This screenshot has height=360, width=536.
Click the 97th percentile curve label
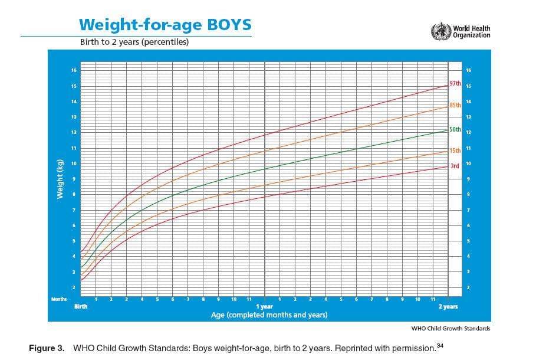(x=455, y=84)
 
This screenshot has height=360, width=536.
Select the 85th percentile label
(x=455, y=105)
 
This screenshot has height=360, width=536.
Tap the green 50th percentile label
(x=455, y=129)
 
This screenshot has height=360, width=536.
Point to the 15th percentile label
(x=455, y=151)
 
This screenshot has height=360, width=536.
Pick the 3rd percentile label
(x=455, y=166)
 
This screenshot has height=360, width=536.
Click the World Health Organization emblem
(x=440, y=31)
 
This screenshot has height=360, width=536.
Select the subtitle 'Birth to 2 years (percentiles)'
(x=134, y=42)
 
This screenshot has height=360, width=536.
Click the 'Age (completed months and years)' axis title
(x=269, y=315)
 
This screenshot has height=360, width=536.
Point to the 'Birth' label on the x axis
(x=80, y=307)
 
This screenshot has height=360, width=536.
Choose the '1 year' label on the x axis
(x=264, y=307)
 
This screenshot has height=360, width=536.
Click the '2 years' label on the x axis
(x=448, y=307)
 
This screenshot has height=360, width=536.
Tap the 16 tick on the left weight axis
(x=74, y=71)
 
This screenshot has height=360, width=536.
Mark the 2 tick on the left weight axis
(x=74, y=287)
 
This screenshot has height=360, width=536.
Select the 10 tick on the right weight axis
(x=468, y=163)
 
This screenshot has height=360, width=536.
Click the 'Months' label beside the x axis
(x=59, y=300)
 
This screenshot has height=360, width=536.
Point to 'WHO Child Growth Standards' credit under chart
(x=450, y=328)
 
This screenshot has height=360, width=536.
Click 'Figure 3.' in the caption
(x=47, y=348)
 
